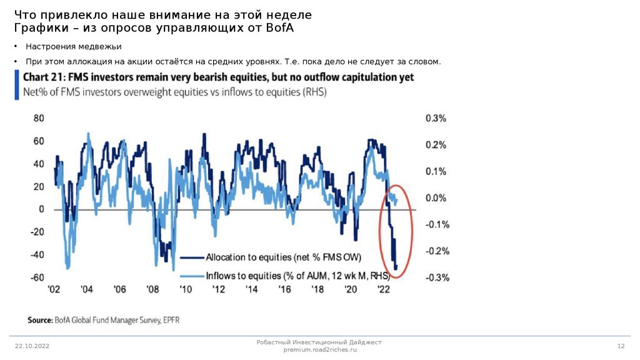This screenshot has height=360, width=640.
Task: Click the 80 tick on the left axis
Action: tap(38, 118)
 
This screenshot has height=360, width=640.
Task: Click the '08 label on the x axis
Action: tap(152, 290)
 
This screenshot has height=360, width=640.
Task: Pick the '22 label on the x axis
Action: tap(384, 290)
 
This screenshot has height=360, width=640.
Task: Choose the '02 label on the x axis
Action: tap(52, 290)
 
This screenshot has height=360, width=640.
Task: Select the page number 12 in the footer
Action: tap(621, 346)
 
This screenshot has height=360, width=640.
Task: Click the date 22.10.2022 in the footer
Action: tap(32, 346)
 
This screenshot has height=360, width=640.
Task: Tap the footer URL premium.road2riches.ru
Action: tap(319, 350)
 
